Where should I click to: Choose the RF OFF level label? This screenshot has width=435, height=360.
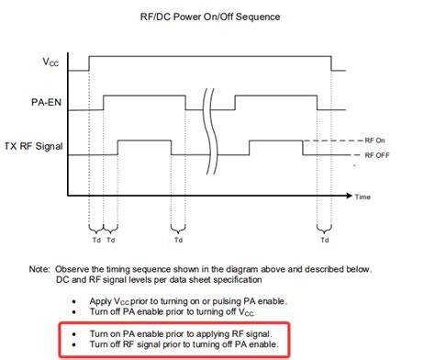[377, 156]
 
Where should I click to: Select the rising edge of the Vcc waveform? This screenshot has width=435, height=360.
[89, 62]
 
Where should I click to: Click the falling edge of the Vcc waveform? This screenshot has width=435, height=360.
[331, 62]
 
